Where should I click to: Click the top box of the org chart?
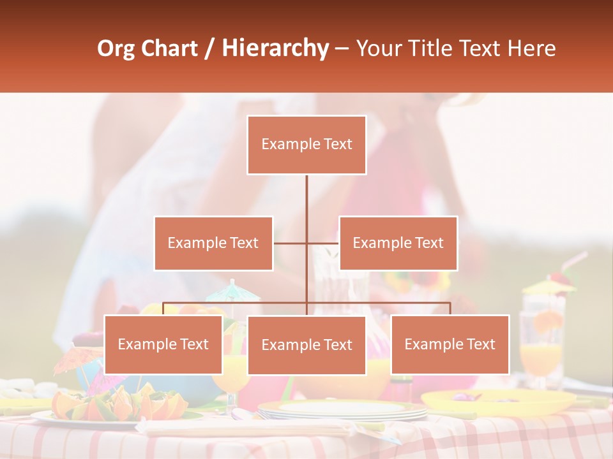click(x=306, y=145)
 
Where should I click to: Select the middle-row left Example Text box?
click(x=213, y=243)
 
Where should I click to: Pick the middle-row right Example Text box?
click(x=398, y=243)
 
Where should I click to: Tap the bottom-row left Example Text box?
click(x=163, y=344)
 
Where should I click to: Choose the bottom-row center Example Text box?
click(x=306, y=345)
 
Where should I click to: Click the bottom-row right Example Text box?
click(x=450, y=344)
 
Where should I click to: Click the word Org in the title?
click(x=116, y=48)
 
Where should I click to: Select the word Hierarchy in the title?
click(x=275, y=48)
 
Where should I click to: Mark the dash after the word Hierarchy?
click(x=342, y=49)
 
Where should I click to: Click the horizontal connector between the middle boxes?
click(x=306, y=243)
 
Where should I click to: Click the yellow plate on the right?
click(x=498, y=401)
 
